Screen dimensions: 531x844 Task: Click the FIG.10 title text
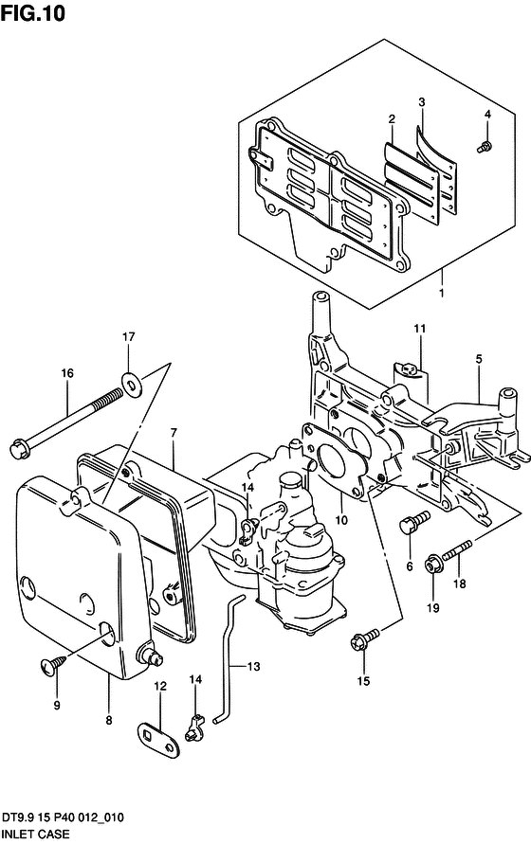[x=33, y=12]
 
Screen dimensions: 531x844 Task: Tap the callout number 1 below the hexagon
[x=442, y=294]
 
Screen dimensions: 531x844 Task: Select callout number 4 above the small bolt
[x=487, y=114]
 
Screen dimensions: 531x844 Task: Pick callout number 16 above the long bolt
[x=66, y=373]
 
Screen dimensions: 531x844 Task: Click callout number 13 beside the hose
[x=253, y=666]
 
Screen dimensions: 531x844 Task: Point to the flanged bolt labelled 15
[x=365, y=639]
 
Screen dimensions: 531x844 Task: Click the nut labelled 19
[x=433, y=565]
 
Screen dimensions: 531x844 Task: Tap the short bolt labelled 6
[x=414, y=522]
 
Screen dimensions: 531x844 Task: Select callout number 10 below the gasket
[x=341, y=520]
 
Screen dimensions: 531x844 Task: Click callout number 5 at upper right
[x=479, y=359]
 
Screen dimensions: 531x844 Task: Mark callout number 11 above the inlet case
[x=420, y=329]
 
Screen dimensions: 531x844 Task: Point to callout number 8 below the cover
[x=109, y=720]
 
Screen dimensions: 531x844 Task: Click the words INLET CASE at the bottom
[x=36, y=834]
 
